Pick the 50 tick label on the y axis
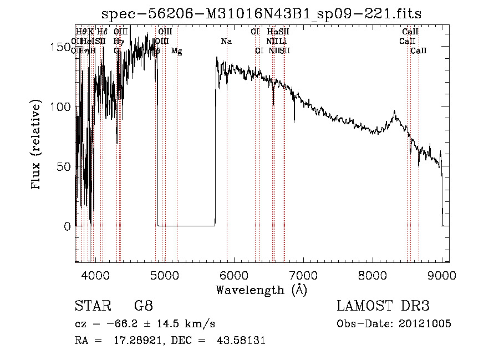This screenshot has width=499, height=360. (63, 166)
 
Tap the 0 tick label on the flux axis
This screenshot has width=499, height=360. (67, 226)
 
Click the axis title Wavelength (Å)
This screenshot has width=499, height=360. (262, 290)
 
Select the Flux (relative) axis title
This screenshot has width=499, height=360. (37, 145)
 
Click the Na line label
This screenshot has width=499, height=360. (226, 41)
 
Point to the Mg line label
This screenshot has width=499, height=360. (176, 51)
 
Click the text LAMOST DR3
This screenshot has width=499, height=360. (383, 306)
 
